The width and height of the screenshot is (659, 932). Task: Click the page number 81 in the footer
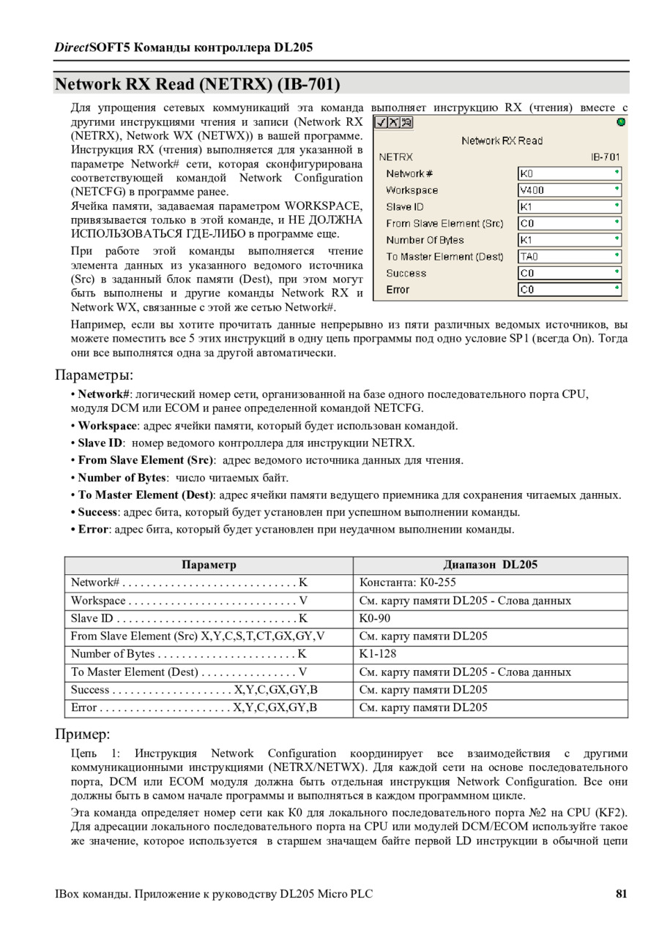pyautogui.click(x=621, y=894)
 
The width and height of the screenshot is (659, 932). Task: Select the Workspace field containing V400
pyautogui.click(x=569, y=190)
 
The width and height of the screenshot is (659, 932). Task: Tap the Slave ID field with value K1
pyautogui.click(x=569, y=207)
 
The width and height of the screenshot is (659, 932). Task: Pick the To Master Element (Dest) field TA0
pyautogui.click(x=569, y=257)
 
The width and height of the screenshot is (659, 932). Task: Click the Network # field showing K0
pyautogui.click(x=569, y=174)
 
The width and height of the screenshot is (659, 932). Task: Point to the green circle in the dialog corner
pyautogui.click(x=621, y=122)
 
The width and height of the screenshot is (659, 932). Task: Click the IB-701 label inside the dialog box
pyautogui.click(x=605, y=157)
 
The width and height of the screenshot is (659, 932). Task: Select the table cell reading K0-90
pyautogui.click(x=375, y=619)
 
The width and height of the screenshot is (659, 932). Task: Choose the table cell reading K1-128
pyautogui.click(x=378, y=654)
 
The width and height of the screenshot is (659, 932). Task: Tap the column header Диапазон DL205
pyautogui.click(x=490, y=565)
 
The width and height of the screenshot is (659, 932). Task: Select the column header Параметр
pyautogui.click(x=209, y=565)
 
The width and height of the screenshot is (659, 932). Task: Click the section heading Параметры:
pyautogui.click(x=94, y=375)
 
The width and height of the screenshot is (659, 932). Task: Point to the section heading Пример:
pyautogui.click(x=83, y=734)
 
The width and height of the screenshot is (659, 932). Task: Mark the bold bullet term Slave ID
pyautogui.click(x=100, y=443)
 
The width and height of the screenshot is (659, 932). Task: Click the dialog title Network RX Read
pyautogui.click(x=502, y=140)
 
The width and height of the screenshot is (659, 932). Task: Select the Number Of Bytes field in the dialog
pyautogui.click(x=569, y=240)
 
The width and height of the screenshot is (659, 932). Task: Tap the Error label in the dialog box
pyautogui.click(x=398, y=290)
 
